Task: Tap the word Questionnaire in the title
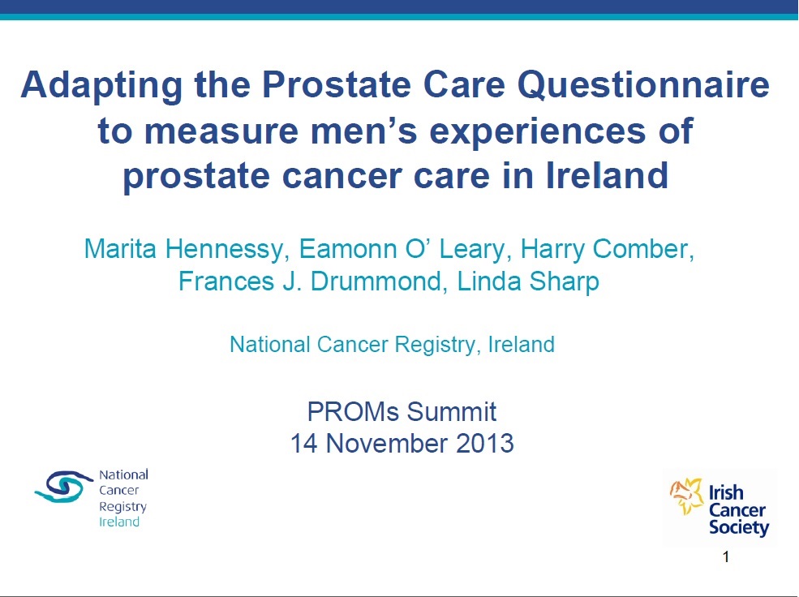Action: tap(643, 85)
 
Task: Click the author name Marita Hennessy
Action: tap(183, 250)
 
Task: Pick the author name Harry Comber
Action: tap(607, 250)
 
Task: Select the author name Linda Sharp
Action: tap(528, 281)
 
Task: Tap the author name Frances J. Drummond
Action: tap(312, 281)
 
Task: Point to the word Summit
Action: tap(452, 411)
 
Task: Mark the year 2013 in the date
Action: tap(484, 443)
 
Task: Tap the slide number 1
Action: tap(726, 556)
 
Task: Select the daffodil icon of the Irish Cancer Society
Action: tap(686, 496)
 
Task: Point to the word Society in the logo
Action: tap(739, 528)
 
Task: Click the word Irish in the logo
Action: tap(726, 492)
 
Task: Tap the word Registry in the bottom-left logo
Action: tap(122, 507)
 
